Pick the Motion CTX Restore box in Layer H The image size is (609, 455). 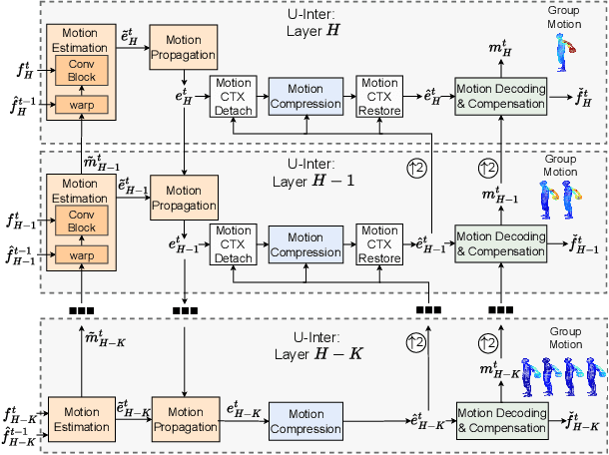click(378, 96)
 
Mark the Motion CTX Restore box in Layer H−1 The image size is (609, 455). click(378, 244)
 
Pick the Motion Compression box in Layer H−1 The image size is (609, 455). click(308, 244)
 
